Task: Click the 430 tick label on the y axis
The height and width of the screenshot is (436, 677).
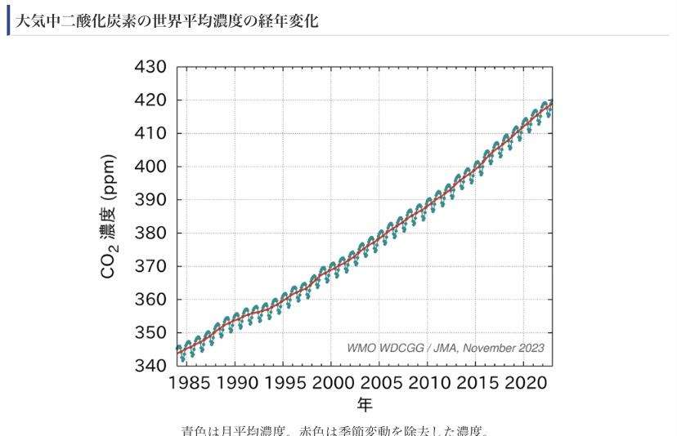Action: tap(150, 67)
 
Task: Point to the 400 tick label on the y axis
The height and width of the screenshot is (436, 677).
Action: tap(150, 167)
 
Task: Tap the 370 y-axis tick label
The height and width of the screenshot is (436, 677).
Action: tap(150, 266)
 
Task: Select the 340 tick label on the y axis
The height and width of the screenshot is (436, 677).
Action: tap(150, 366)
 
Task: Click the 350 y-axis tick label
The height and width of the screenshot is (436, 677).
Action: tap(150, 333)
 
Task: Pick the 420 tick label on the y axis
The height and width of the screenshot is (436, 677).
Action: tap(150, 100)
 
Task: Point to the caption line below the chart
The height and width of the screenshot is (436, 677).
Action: tap(336, 429)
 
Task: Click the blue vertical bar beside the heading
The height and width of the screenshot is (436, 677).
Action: tap(8, 22)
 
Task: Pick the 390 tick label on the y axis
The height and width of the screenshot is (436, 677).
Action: tap(150, 200)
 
